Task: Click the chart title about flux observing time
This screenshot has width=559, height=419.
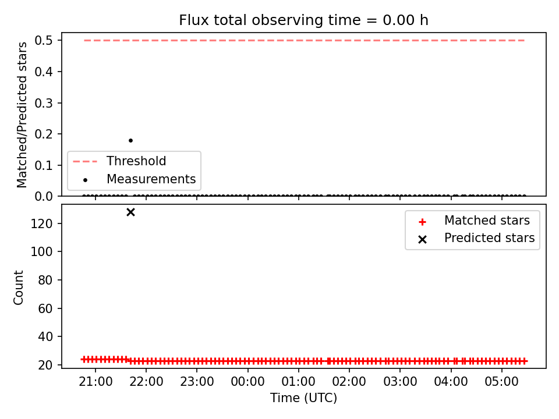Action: click(x=303, y=20)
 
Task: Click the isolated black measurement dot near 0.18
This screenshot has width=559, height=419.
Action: click(x=130, y=140)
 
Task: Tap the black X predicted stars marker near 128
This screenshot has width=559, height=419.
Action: click(x=130, y=212)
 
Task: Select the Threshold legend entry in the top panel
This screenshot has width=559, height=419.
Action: click(x=119, y=161)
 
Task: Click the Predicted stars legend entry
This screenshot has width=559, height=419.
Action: click(x=476, y=238)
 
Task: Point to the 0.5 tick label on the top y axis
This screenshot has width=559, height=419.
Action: click(x=44, y=41)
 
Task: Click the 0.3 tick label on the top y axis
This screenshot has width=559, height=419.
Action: click(x=44, y=103)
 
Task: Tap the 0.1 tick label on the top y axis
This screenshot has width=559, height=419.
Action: click(x=44, y=165)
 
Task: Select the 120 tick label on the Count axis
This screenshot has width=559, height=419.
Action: click(x=42, y=223)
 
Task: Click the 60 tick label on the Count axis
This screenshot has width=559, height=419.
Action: click(x=45, y=308)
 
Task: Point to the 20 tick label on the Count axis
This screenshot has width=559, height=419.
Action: click(x=45, y=365)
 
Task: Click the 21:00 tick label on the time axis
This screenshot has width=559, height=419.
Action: click(x=95, y=382)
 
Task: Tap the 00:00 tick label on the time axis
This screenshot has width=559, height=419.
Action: click(x=248, y=382)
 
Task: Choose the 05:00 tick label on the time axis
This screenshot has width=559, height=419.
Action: click(x=501, y=382)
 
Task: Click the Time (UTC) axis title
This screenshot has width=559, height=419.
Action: click(x=303, y=397)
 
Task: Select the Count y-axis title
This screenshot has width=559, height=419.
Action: click(x=18, y=287)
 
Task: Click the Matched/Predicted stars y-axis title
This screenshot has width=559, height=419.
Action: click(x=22, y=115)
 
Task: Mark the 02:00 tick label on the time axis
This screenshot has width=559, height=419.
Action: click(x=349, y=382)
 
